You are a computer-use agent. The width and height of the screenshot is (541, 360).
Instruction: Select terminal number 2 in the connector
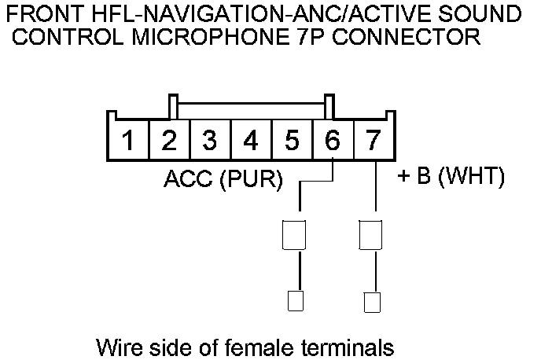point(169,141)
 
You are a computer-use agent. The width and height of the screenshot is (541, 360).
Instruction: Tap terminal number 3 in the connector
point(210,141)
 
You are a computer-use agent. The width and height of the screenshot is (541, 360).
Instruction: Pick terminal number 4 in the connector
point(251,141)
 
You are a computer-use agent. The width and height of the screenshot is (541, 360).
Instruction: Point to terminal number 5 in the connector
point(292,141)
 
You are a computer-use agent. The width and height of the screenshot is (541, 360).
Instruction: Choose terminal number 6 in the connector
point(333,141)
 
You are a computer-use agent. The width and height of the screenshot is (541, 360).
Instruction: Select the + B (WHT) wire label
point(450,177)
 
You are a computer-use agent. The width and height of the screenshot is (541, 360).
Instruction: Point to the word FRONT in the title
point(39,14)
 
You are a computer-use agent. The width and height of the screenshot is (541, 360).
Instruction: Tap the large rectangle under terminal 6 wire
point(293,233)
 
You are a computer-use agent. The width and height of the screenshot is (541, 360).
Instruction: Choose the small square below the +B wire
point(373,300)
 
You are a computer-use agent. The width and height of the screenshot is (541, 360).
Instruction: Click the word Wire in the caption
point(113,346)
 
